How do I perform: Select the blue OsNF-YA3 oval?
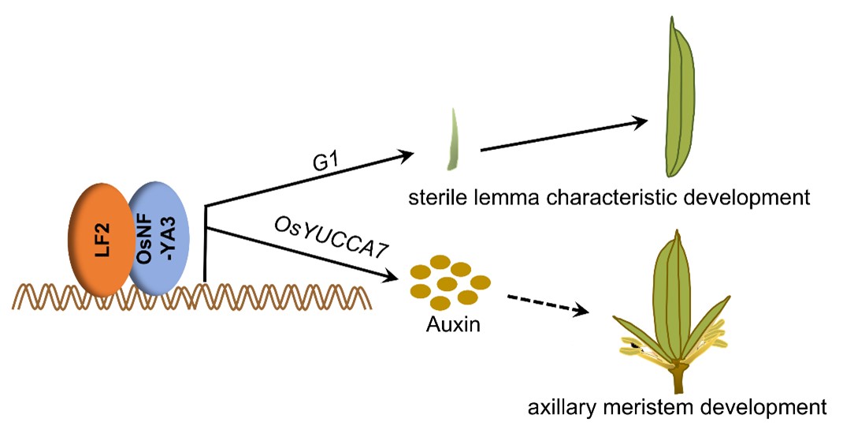(x=158, y=236)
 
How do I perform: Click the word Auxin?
(x=446, y=325)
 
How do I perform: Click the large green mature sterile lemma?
(x=680, y=99)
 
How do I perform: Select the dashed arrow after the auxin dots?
(x=548, y=304)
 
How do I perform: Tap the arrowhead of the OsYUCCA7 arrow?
(x=390, y=277)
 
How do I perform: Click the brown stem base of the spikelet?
(x=677, y=382)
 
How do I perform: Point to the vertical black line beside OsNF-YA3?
(x=205, y=245)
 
